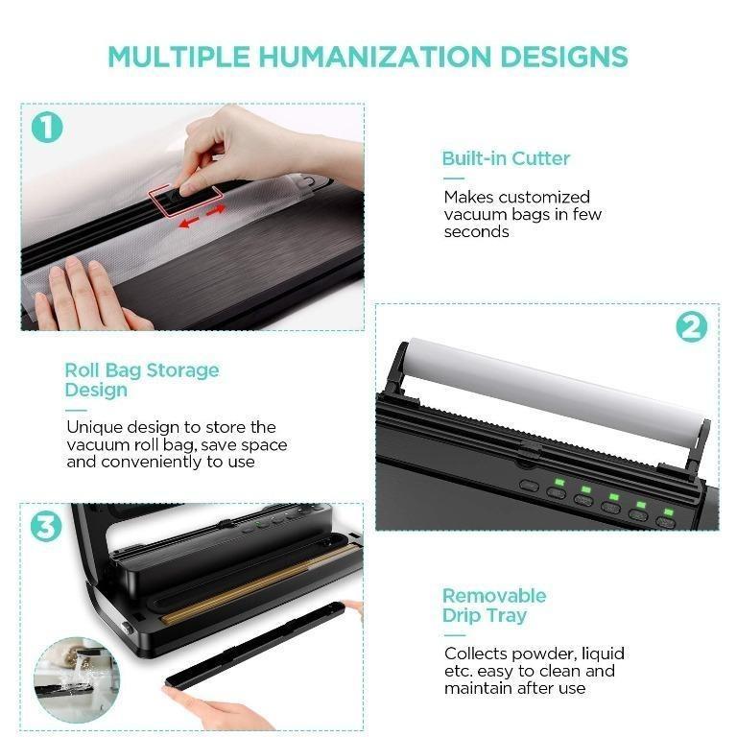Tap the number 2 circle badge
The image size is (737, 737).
pyautogui.click(x=691, y=327)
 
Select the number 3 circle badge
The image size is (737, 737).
pyautogui.click(x=46, y=527)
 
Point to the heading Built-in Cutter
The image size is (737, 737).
pyautogui.click(x=506, y=158)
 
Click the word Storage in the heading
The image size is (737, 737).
pyautogui.click(x=182, y=370)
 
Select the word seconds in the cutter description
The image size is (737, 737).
pyautogui.click(x=476, y=231)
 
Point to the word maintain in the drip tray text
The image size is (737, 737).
pyautogui.click(x=477, y=688)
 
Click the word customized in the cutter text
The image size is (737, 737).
pyautogui.click(x=544, y=197)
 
